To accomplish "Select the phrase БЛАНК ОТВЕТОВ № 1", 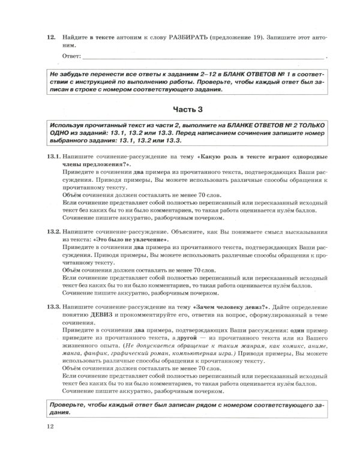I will [253, 74].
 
